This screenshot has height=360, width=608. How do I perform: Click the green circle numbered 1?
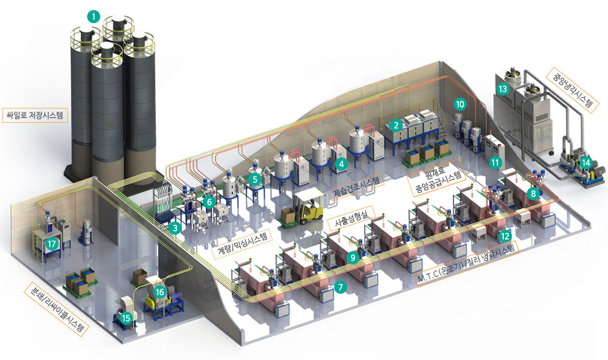coord(94,16)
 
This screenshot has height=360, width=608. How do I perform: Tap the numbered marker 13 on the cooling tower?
coord(503,89)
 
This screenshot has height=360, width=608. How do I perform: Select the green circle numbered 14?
coord(586,163)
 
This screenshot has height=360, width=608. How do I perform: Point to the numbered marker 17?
coord(52,244)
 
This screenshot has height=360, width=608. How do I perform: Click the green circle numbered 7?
coord(340,287)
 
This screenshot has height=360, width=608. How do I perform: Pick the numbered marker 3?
coord(175,228)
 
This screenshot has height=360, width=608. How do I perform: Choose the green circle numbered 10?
coord(460,104)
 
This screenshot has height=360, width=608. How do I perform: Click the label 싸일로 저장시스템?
coord(35,115)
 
